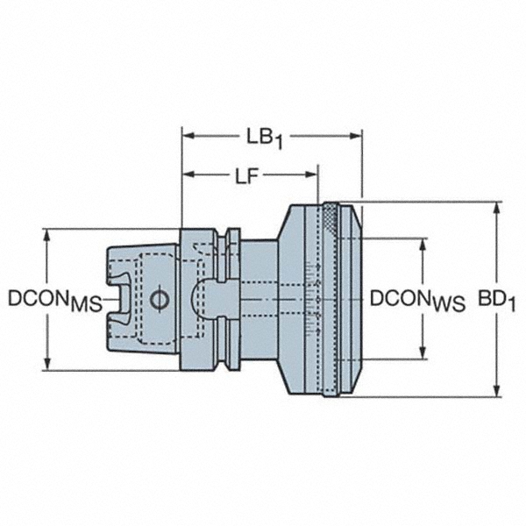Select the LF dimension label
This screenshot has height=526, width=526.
tap(250, 177)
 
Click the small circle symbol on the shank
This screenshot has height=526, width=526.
tap(158, 300)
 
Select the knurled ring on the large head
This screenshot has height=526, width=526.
tap(330, 299)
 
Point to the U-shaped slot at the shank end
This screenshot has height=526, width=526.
tap(117, 299)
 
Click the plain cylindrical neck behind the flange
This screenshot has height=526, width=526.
tap(259, 299)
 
